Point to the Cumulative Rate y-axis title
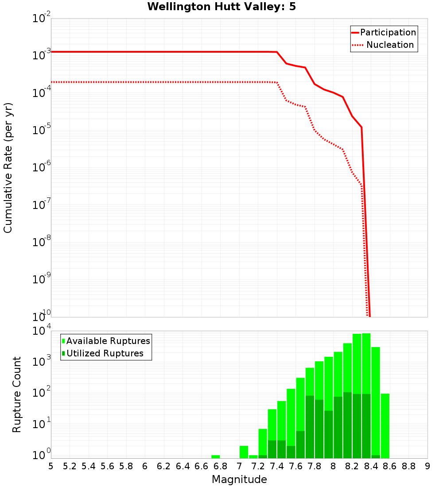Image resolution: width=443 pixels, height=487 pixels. tap(8, 167)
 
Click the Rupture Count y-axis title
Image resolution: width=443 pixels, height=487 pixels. tap(17, 394)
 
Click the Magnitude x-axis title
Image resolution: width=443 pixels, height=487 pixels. tap(239, 479)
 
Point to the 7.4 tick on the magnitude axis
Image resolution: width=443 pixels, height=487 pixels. tap(277, 466)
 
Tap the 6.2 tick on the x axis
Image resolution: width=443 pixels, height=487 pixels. tap(164, 466)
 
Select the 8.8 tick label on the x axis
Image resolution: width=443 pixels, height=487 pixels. tap(408, 466)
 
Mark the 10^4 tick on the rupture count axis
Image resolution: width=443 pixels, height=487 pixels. tap(42, 332)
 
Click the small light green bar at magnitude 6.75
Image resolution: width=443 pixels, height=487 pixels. tap(216, 456)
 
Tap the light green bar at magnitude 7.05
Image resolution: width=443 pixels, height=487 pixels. tap(244, 452)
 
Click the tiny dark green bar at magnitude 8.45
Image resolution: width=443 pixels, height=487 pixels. tap(376, 456)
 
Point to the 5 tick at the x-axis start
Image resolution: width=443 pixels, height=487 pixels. tap(51, 466)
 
